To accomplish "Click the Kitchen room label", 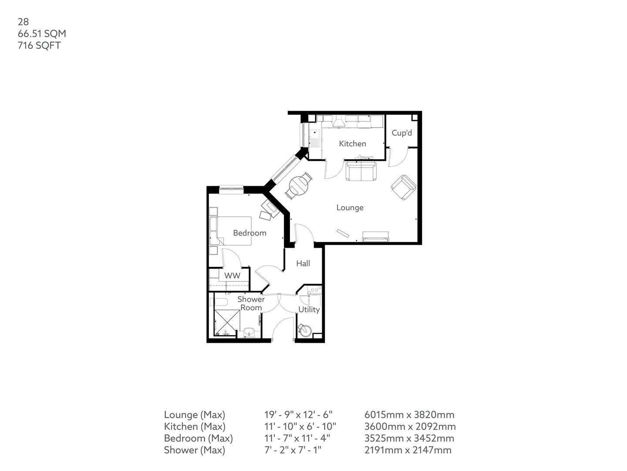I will (352, 143).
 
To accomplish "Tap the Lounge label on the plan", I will (350, 208).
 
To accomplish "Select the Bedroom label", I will (249, 233).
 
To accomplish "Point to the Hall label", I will (303, 263).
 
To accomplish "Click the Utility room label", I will (309, 310).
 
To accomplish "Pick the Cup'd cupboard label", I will (401, 133).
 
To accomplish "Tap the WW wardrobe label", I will (232, 276).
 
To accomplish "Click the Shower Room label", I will (251, 304).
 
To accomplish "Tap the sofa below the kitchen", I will (361, 172).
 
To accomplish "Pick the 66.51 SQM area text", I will (42, 33).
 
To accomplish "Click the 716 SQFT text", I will (39, 45).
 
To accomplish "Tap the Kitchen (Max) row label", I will (194, 427).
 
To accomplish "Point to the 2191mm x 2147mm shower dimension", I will (408, 450).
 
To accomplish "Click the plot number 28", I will (23, 21).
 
